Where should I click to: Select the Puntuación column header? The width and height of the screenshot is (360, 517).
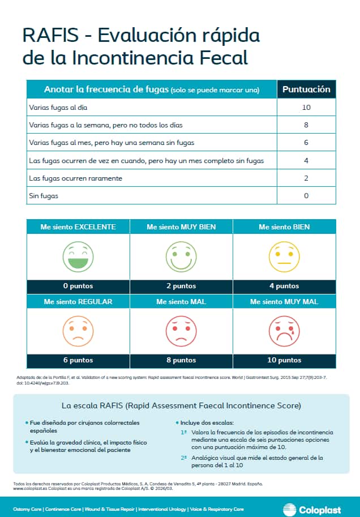click(306, 89)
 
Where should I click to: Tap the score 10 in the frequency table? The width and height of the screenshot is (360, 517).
click(306, 108)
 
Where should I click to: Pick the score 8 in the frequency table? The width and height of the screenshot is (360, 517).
click(306, 125)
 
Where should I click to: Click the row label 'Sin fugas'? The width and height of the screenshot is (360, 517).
click(43, 196)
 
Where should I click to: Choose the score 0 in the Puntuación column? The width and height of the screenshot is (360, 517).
click(306, 196)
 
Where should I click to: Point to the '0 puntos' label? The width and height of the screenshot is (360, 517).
click(78, 286)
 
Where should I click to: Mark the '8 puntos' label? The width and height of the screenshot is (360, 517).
click(181, 360)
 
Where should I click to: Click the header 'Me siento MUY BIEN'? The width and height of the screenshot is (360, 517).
click(181, 227)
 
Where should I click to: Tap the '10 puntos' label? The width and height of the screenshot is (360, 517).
click(284, 360)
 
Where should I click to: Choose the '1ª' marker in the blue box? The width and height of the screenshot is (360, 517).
click(184, 432)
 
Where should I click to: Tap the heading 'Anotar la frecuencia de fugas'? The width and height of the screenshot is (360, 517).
click(107, 89)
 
